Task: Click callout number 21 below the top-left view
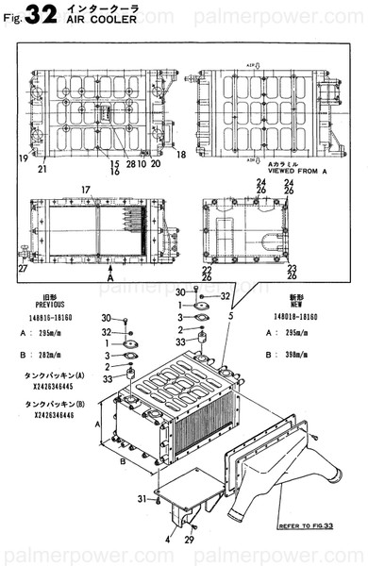pos(42,170)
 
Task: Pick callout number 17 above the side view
pos(84,191)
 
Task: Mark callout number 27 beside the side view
pos(21,269)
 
